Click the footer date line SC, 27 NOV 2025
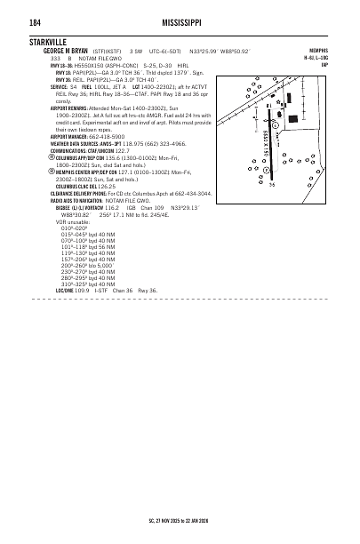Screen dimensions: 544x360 pyautogui.click(x=178, y=520)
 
